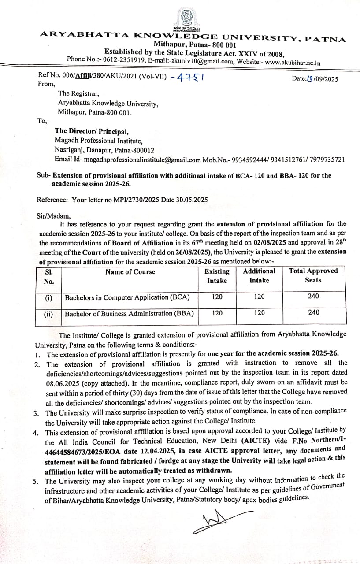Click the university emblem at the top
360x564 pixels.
click(x=186, y=18)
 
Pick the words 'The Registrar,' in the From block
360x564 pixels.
click(x=78, y=93)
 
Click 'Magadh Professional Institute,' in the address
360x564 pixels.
click(x=99, y=141)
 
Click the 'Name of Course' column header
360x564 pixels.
click(x=130, y=272)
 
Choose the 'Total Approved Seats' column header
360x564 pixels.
click(x=313, y=275)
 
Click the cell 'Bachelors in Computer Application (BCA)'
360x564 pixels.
click(x=127, y=297)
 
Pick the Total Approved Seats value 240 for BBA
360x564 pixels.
click(x=314, y=312)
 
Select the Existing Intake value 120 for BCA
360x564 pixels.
click(x=217, y=297)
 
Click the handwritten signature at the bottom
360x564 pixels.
click(x=223, y=519)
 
